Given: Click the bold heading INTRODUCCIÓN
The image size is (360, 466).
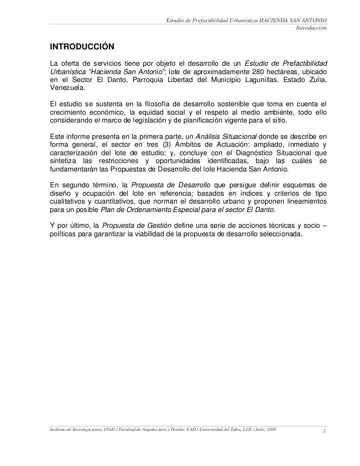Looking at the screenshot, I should [x=82, y=47].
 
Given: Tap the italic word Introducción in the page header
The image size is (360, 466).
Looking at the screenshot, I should [x=311, y=28].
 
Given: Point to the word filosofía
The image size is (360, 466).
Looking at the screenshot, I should [x=147, y=104].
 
